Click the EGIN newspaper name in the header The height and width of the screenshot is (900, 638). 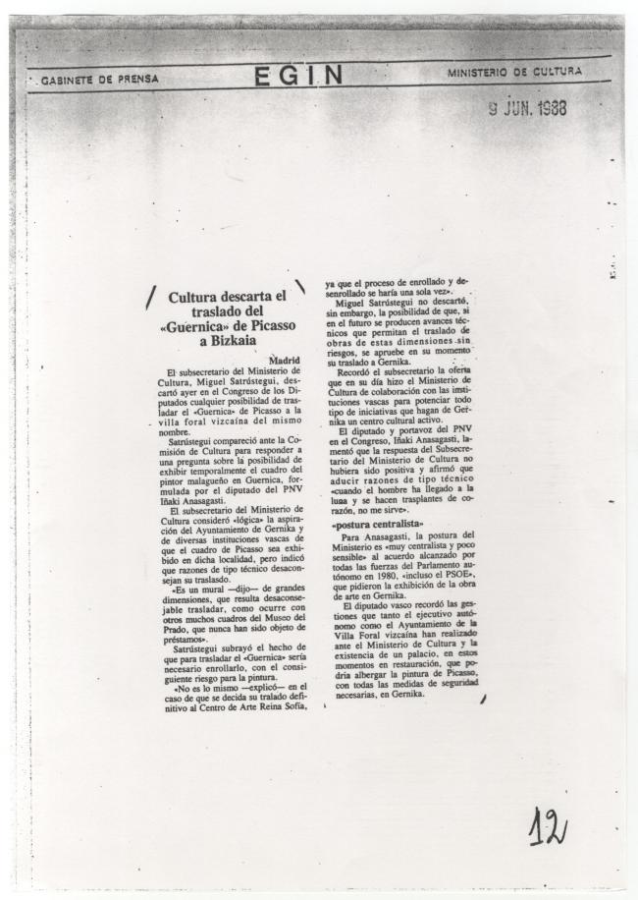(298, 76)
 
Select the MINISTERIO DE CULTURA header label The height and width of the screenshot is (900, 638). (514, 72)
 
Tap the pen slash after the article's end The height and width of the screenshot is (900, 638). (483, 699)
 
